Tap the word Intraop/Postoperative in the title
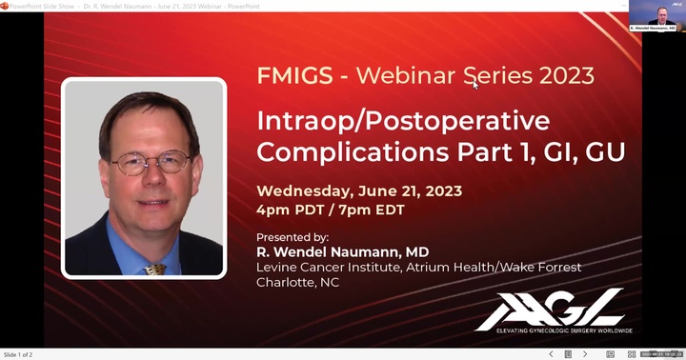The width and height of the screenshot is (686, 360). (x=403, y=121)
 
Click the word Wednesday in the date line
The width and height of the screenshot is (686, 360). (x=304, y=190)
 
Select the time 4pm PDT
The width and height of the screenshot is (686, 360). (x=290, y=210)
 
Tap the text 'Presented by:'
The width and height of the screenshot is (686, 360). (x=293, y=236)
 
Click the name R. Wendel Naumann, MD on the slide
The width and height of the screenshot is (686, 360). (x=342, y=251)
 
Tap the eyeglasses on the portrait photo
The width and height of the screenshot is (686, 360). (x=149, y=163)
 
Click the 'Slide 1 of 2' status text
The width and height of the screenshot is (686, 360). (x=18, y=354)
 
